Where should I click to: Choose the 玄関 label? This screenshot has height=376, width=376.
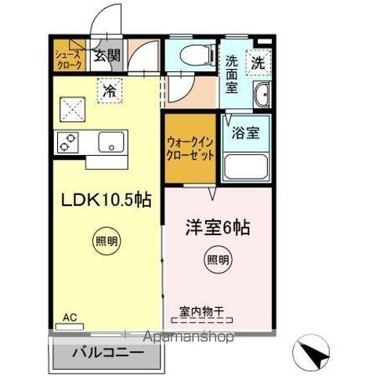pos(107,55)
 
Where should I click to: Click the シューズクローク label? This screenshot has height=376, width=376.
pos(67,60)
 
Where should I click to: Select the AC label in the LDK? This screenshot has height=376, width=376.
pos(70,317)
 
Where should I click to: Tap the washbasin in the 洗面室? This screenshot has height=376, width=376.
pos(262,94)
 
